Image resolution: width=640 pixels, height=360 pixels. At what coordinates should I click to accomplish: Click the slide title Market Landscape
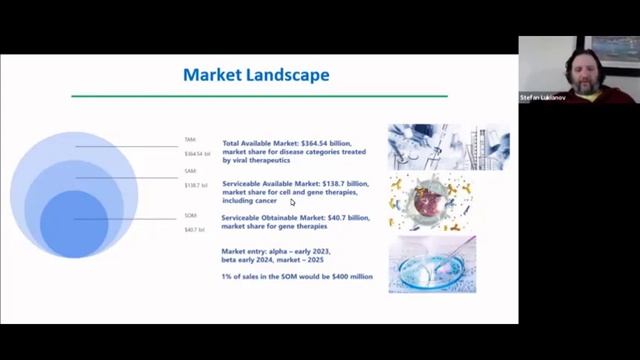[256, 75]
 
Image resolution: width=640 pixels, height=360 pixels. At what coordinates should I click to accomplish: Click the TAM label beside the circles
[190, 140]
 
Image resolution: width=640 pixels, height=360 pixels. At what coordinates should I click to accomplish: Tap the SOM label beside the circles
[190, 215]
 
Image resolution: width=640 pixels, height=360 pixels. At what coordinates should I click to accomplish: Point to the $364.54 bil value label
[197, 154]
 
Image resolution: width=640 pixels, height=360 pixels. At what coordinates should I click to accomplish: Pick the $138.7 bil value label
[196, 185]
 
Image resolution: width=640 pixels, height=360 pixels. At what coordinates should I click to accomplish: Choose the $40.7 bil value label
[194, 230]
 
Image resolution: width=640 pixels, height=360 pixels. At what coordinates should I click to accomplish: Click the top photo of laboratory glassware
[447, 146]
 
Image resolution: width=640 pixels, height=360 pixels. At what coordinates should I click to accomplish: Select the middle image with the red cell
[432, 203]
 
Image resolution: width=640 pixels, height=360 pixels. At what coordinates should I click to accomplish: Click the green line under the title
[259, 96]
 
